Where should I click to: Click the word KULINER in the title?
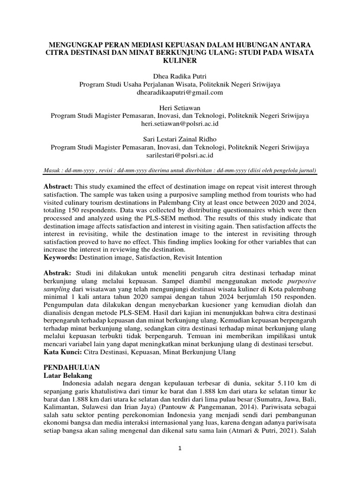click(x=180, y=61)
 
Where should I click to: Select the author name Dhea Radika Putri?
click(x=180, y=76)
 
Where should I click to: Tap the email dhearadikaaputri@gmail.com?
click(x=180, y=93)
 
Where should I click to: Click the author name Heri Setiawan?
click(x=180, y=108)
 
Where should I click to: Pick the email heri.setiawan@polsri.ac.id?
click(x=180, y=124)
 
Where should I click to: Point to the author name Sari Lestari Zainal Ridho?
click(x=180, y=139)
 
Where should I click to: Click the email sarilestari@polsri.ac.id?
click(x=180, y=155)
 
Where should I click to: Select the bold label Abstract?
click(x=60, y=186)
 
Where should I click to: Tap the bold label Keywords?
click(x=60, y=257)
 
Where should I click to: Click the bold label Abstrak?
click(x=58, y=272)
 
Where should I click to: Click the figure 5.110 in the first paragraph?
click(x=275, y=383)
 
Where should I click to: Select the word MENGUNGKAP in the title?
click(x=75, y=45)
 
